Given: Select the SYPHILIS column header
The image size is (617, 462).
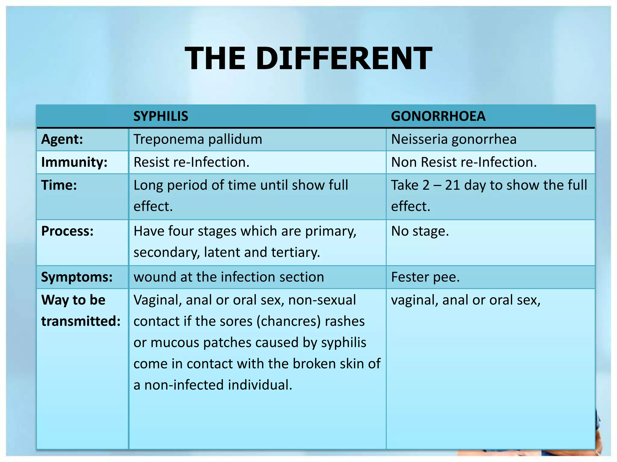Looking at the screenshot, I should pyautogui.click(x=161, y=116).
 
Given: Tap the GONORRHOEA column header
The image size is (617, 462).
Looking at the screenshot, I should pyautogui.click(x=438, y=116).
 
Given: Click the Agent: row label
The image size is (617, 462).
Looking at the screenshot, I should pyautogui.click(x=62, y=139).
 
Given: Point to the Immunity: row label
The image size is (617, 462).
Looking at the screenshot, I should pyautogui.click(x=74, y=162).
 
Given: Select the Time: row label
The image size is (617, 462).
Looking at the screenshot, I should pyautogui.click(x=59, y=185).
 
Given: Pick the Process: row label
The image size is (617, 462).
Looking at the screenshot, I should pyautogui.click(x=67, y=231).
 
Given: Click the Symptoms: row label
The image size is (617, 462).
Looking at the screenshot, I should pyautogui.click(x=77, y=277).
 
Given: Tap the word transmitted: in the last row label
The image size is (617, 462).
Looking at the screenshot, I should pyautogui.click(x=81, y=321).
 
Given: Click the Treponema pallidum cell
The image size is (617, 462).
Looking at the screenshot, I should pyautogui.click(x=198, y=139).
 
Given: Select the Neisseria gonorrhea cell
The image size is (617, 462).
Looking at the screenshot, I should pyautogui.click(x=454, y=139).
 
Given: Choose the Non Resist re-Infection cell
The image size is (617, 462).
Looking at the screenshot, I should pyautogui.click(x=464, y=162).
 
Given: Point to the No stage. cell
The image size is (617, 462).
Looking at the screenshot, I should pyautogui.click(x=420, y=231).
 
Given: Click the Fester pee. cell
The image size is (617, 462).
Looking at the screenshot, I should pyautogui.click(x=425, y=277).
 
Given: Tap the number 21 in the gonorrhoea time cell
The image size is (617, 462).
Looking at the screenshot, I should pyautogui.click(x=453, y=185).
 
